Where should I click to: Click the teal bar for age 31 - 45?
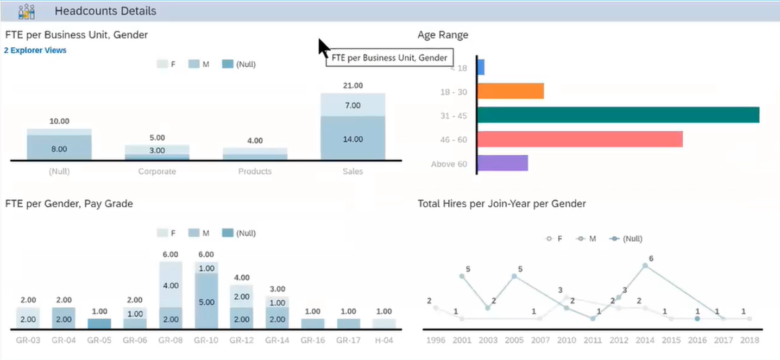[618, 115]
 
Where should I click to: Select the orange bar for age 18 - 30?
[511, 91]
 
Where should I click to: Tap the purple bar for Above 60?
[502, 163]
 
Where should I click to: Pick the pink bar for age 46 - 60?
[580, 140]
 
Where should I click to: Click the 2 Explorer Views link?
[35, 50]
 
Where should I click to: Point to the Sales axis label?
[353, 172]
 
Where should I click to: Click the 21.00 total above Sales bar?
[353, 86]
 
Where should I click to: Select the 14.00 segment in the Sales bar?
[353, 139]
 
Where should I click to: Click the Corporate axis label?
[157, 172]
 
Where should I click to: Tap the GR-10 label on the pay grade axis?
[206, 340]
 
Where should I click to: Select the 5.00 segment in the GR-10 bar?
[206, 302]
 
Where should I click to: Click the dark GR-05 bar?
[99, 324]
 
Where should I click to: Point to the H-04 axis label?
[384, 340]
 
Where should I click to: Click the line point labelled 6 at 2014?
[645, 266]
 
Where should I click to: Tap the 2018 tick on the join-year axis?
[750, 340]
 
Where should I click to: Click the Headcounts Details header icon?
[26, 11]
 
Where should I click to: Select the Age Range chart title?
[443, 35]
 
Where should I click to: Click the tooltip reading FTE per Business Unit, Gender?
[389, 58]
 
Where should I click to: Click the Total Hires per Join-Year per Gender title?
[501, 204]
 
